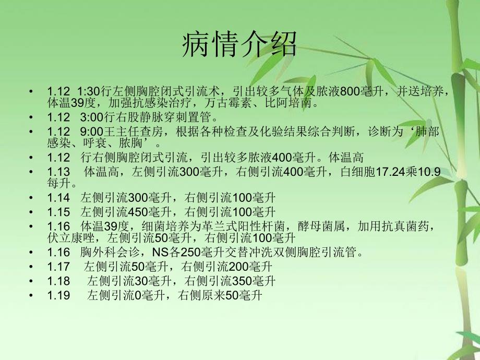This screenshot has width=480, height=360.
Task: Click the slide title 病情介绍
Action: click(239, 45)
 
